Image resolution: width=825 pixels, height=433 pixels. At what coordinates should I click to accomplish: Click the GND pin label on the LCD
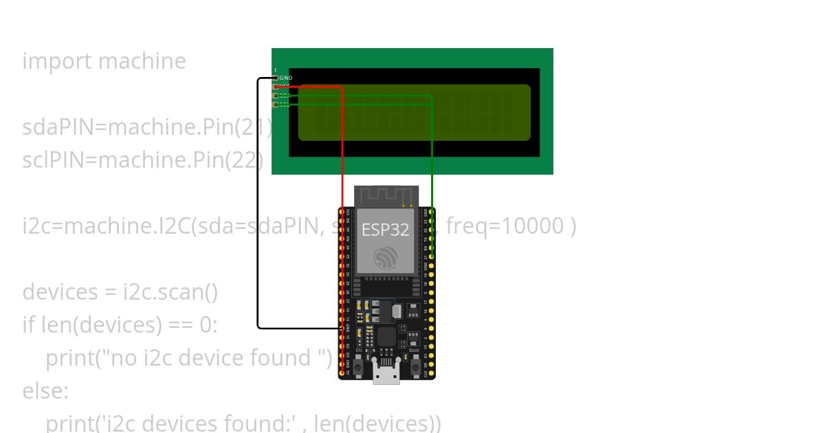(x=286, y=78)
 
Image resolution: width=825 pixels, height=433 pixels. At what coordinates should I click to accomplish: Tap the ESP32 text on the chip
(x=386, y=230)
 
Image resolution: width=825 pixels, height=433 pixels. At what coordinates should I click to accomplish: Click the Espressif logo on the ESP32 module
(x=386, y=258)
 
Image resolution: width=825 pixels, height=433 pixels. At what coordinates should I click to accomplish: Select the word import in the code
(x=58, y=61)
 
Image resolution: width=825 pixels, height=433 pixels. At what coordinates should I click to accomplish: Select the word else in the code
(x=45, y=391)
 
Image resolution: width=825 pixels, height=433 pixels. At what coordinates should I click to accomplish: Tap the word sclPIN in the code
(x=57, y=160)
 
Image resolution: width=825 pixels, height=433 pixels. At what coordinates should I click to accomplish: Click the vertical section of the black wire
(x=258, y=206)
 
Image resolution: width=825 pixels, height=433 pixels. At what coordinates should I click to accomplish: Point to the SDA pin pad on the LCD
(x=276, y=96)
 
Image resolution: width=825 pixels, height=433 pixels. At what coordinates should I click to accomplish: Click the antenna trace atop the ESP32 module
(x=386, y=195)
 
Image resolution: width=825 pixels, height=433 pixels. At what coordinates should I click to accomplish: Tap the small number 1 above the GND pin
(x=276, y=71)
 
